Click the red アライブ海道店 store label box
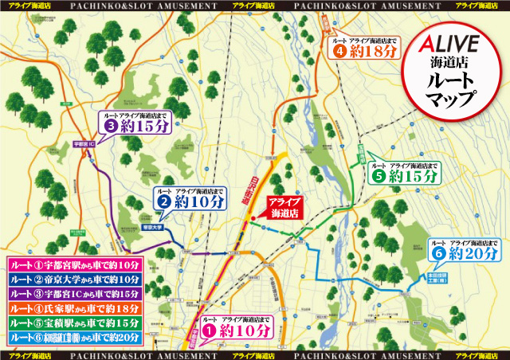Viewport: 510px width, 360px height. [x=284, y=208]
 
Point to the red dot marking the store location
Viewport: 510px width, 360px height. [x=253, y=219]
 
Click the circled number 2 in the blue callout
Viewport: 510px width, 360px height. [x=162, y=202]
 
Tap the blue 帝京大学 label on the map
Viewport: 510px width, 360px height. [x=151, y=227]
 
